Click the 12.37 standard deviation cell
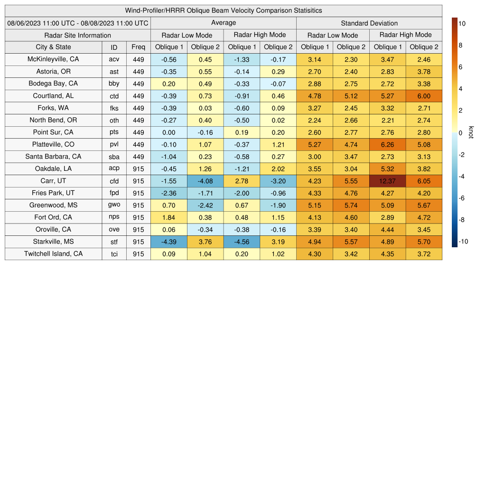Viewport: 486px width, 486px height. (x=387, y=181)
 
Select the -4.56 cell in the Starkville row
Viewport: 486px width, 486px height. (x=242, y=242)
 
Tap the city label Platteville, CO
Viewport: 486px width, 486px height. (x=53, y=144)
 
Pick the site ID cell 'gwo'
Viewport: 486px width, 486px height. (x=114, y=205)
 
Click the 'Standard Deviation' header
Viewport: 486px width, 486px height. (x=369, y=23)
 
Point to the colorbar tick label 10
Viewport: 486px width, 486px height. (x=461, y=23)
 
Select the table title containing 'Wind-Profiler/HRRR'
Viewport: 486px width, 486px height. (x=224, y=10)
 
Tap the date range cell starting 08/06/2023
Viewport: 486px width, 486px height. (x=78, y=23)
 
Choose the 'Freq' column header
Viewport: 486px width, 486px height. (x=138, y=47)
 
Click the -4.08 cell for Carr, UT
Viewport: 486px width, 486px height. (x=205, y=181)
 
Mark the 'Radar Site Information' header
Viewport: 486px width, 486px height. (x=78, y=35)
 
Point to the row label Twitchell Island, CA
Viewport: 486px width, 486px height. (x=53, y=254)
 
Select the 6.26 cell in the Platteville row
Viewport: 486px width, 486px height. (x=387, y=144)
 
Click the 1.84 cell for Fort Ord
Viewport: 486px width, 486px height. (x=168, y=217)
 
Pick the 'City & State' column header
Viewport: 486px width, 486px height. (x=53, y=47)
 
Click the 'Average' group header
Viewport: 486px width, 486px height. (x=223, y=23)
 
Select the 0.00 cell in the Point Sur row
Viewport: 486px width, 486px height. (x=168, y=132)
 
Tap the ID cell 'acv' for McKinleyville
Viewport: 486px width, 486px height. (x=114, y=59)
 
